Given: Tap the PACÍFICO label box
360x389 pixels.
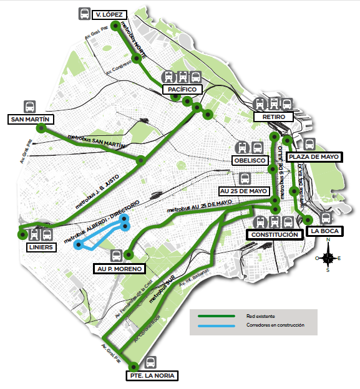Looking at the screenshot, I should [x=183, y=90].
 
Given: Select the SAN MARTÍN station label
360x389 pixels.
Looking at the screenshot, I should [x=29, y=119].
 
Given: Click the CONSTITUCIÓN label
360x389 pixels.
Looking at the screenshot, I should [x=273, y=234].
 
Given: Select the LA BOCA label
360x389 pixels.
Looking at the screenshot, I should [x=324, y=232].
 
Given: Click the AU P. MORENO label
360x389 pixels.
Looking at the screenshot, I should [x=118, y=269].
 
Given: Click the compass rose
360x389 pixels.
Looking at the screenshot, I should [x=328, y=257].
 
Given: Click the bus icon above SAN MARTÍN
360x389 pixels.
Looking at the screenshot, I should [x=29, y=106].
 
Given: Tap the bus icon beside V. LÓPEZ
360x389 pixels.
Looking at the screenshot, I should [x=84, y=14].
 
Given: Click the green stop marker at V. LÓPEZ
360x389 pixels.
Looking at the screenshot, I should [x=115, y=26].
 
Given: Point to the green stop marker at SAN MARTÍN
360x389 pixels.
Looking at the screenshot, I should [x=41, y=128].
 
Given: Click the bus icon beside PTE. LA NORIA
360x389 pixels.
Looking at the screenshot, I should [x=150, y=362].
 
